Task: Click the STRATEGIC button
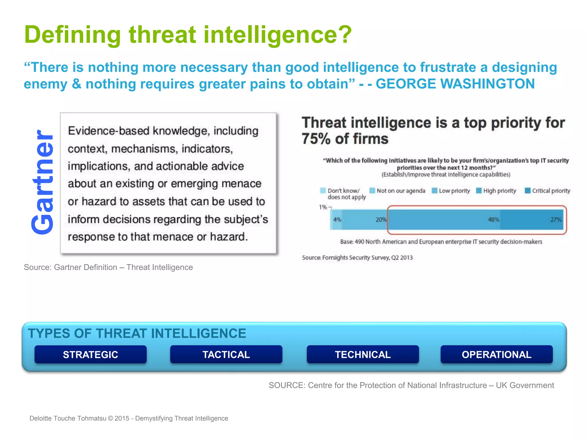[90, 355]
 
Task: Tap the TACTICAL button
[226, 355]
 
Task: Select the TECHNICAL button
[363, 355]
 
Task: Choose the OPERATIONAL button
[496, 355]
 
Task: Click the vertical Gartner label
[43, 182]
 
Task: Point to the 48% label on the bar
[494, 220]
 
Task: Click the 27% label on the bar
[556, 220]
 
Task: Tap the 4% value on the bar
[337, 220]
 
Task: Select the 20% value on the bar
[381, 220]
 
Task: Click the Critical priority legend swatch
[528, 191]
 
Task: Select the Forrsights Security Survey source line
[357, 258]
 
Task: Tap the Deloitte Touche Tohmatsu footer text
[68, 418]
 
